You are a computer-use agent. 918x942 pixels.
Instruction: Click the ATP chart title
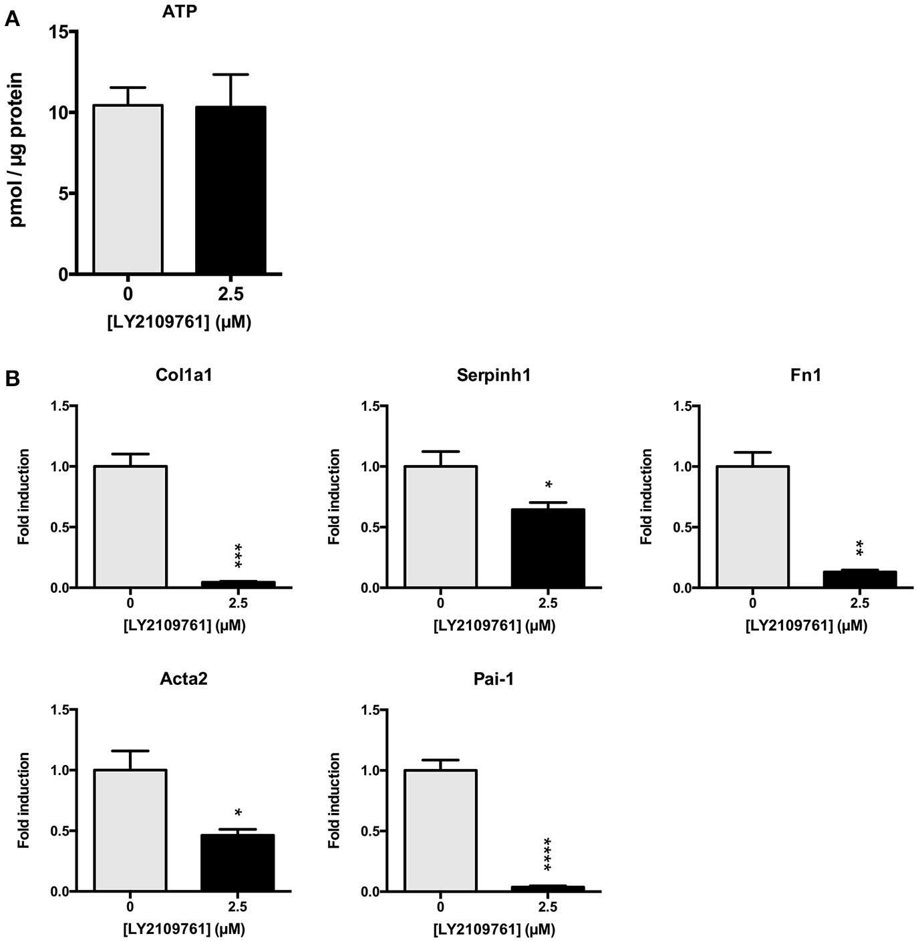click(180, 11)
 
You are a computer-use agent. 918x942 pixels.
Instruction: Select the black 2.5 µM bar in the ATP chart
click(231, 190)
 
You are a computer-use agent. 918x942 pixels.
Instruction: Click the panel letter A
click(11, 19)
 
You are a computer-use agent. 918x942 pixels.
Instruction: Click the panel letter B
click(13, 379)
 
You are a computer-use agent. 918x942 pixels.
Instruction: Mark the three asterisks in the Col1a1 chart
click(239, 556)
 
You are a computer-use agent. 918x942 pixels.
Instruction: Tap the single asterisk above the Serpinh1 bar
click(548, 484)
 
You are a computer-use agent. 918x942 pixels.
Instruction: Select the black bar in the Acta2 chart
click(238, 862)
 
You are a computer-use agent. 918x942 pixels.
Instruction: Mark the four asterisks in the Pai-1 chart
click(548, 854)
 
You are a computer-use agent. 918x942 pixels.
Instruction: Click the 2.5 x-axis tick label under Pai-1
click(548, 907)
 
